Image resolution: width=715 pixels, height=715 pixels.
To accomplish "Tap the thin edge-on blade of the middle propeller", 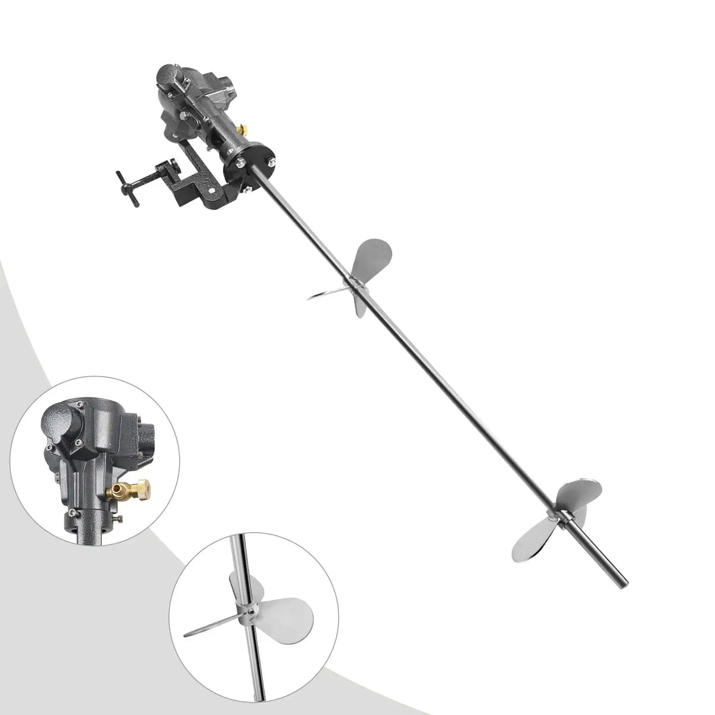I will coord(327,292).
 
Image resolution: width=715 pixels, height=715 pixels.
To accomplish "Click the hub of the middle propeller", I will coord(356,286).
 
